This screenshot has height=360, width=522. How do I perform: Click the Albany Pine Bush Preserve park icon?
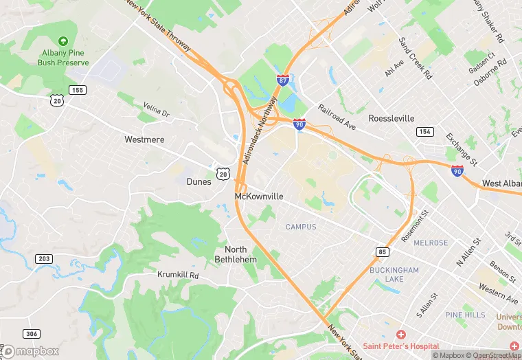click(x=63, y=42)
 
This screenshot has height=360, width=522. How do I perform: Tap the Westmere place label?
click(x=144, y=139)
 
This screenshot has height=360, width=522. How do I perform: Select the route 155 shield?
click(x=78, y=90)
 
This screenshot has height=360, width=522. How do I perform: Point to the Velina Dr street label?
click(x=156, y=109)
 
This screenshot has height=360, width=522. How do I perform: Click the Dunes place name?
click(x=199, y=182)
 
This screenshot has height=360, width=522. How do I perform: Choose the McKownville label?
click(x=259, y=196)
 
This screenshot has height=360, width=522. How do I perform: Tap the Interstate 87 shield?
click(x=282, y=80)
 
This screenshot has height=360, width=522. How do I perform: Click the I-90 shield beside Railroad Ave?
click(x=299, y=124)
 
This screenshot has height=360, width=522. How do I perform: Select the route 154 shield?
click(x=425, y=131)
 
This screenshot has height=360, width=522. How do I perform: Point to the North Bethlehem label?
click(x=240, y=254)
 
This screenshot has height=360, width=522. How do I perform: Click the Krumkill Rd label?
click(x=178, y=275)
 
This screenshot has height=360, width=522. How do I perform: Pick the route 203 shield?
click(x=44, y=258)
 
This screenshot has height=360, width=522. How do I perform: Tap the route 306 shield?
click(x=31, y=334)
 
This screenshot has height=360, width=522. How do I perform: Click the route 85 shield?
click(x=383, y=252)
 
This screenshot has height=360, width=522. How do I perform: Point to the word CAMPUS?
click(x=301, y=227)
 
